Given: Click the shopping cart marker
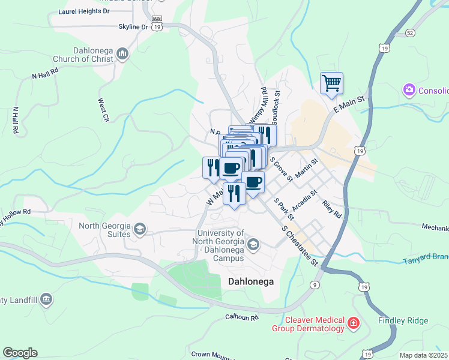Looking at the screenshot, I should pos(331,83).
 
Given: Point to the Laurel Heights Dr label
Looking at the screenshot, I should pos(84,11).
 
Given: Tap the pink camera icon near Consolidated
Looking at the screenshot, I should pos(409,90).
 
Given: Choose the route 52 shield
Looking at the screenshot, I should pos(410,32).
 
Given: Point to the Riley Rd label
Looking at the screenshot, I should pos(331,209).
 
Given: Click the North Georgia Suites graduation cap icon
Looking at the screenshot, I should pos(139,229).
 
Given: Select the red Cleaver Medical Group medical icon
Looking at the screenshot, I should pos(354,325).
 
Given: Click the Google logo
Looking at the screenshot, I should pos(20,353).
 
